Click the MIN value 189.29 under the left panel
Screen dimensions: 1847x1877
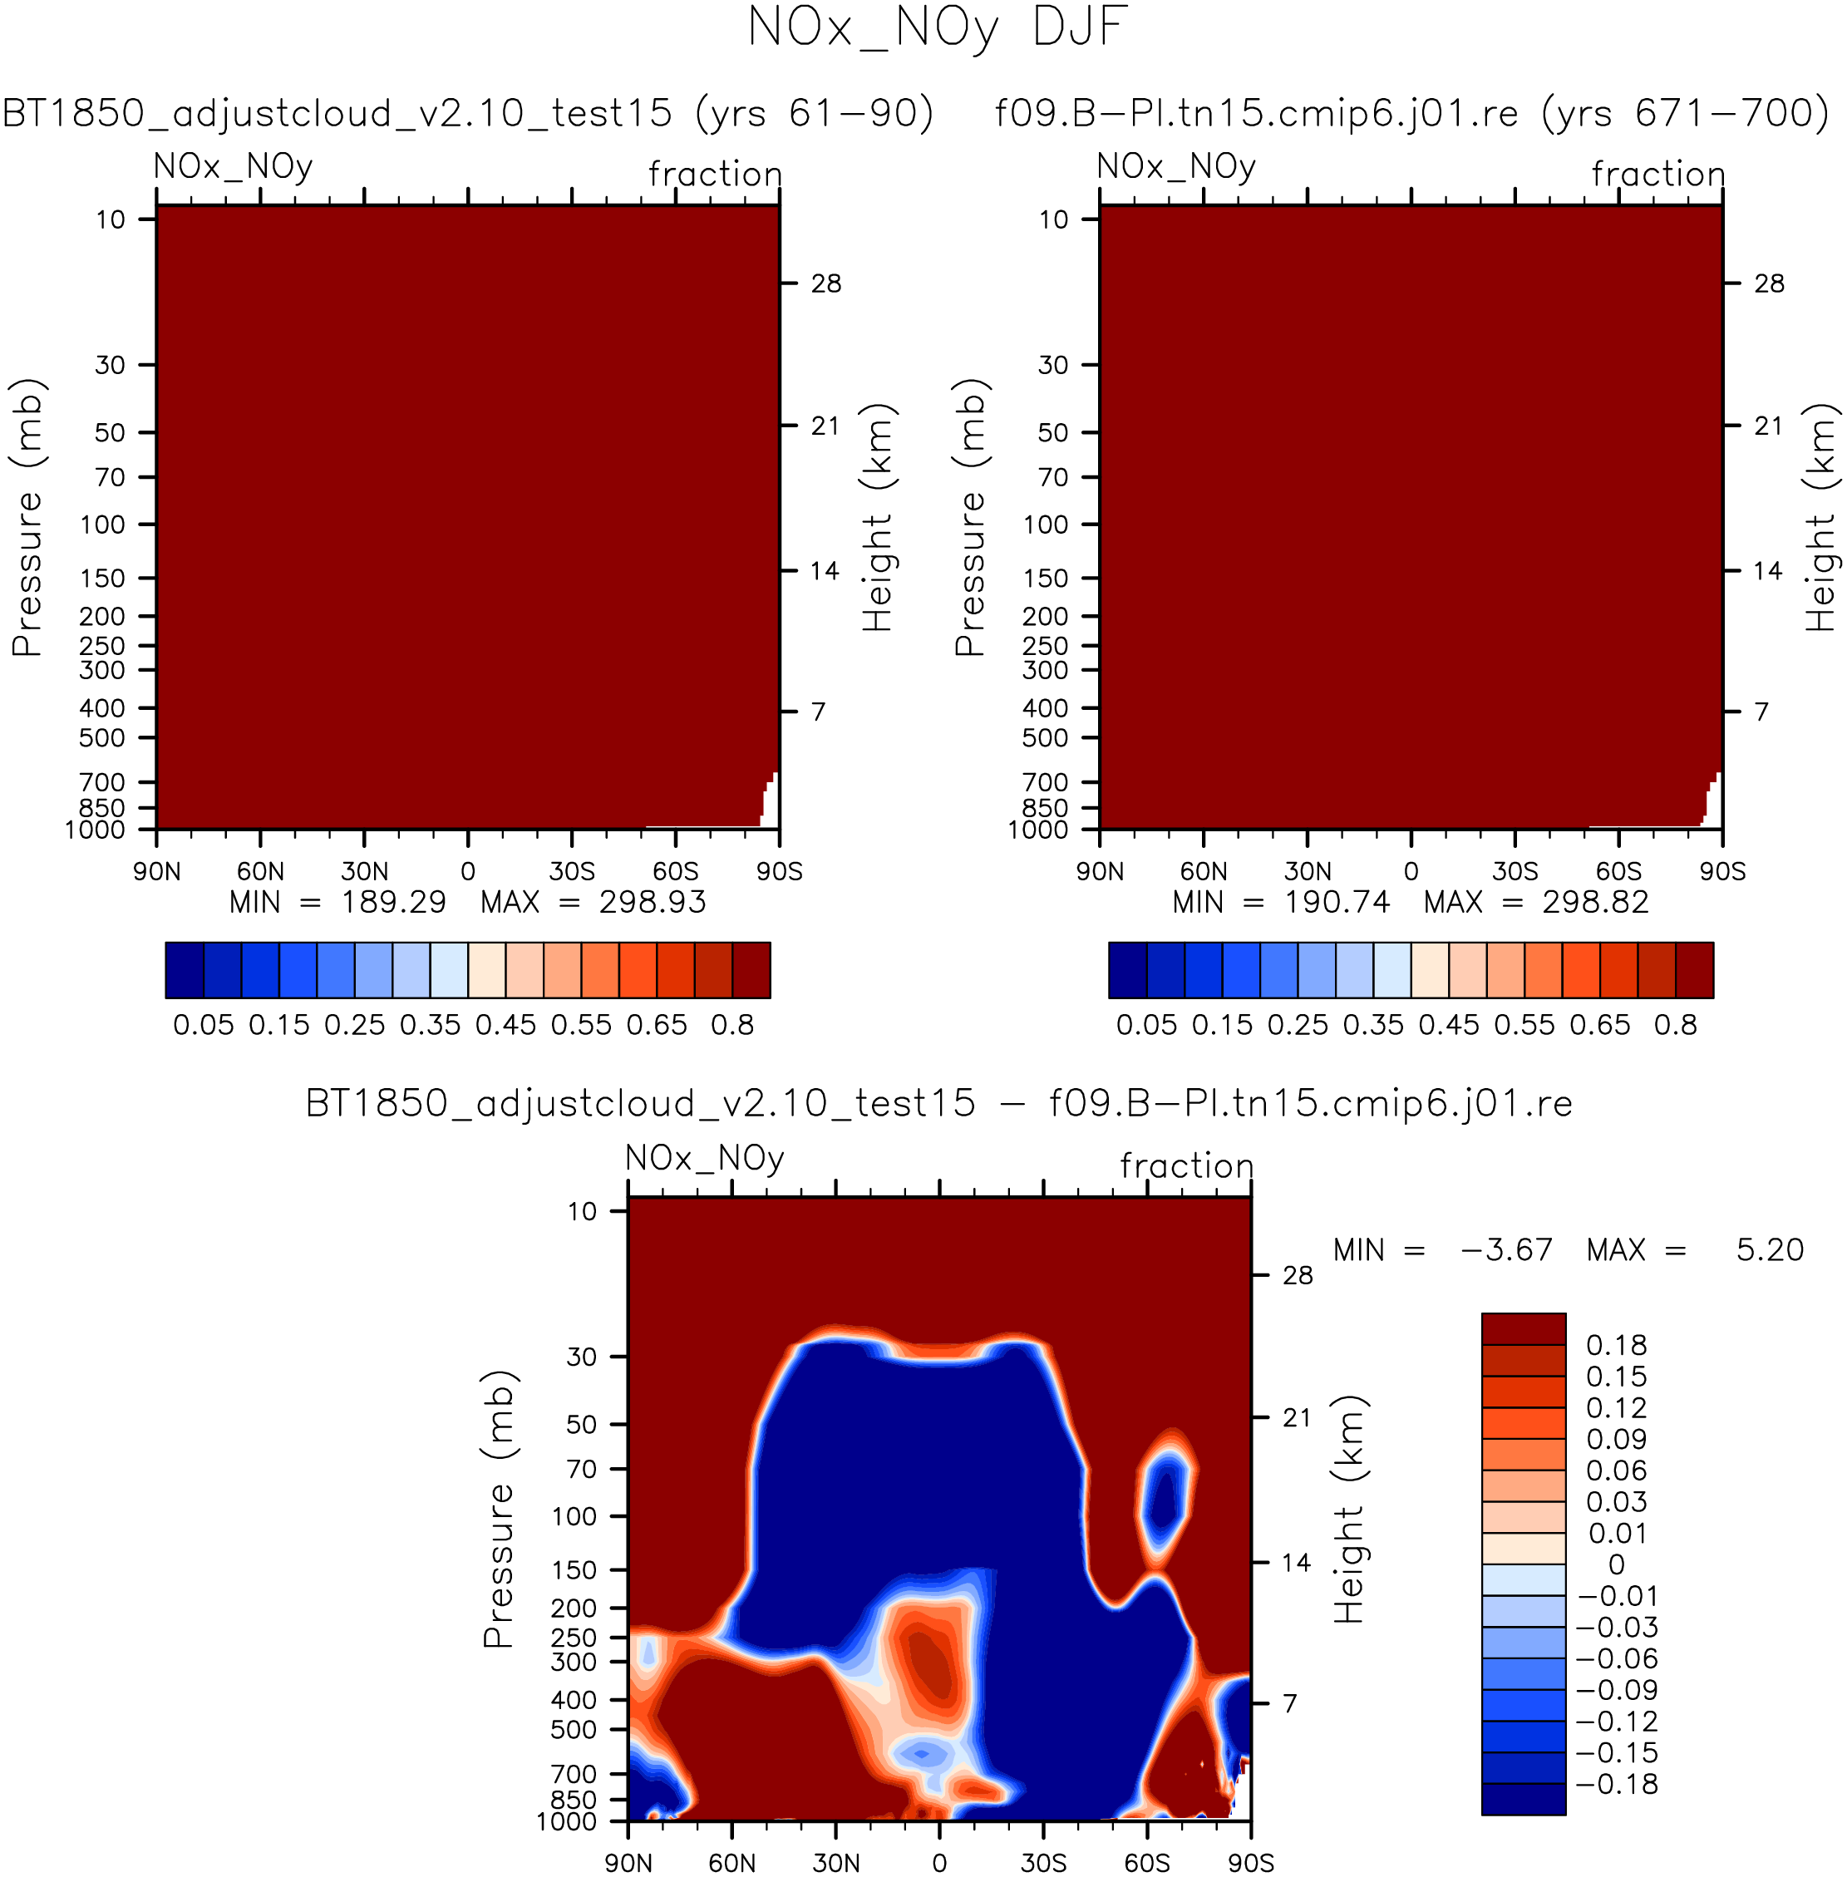(393, 902)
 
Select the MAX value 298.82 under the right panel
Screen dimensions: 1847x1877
(1595, 902)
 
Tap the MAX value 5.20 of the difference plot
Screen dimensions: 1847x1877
(1770, 1249)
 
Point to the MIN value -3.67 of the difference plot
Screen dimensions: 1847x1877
(1506, 1249)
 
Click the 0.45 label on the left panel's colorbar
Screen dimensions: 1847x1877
(505, 1025)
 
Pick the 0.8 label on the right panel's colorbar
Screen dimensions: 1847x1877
(1675, 1025)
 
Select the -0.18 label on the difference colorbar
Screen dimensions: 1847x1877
(1618, 1784)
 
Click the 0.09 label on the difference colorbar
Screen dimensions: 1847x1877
(1616, 1440)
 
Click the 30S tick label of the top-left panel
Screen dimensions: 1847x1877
(571, 871)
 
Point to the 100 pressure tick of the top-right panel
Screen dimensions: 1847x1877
(1045, 525)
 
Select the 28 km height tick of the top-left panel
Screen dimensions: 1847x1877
(825, 283)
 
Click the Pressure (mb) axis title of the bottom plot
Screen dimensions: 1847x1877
(499, 1510)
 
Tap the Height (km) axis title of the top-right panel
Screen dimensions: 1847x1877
(1822, 518)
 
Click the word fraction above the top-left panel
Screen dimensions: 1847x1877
(716, 175)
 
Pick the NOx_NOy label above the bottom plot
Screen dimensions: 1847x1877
(705, 1158)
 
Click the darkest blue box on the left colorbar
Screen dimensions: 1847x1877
(185, 969)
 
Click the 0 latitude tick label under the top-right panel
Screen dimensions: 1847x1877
(1411, 871)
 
